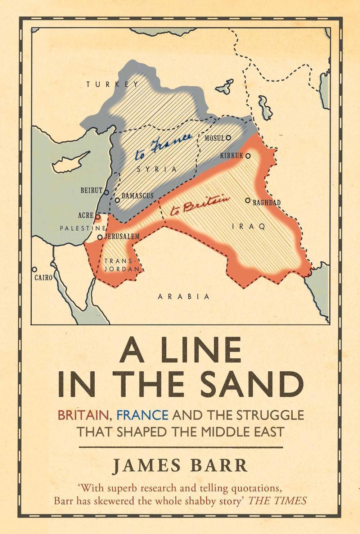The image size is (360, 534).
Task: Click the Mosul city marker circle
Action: (228, 137)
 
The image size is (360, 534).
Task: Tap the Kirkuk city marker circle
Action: (248, 156)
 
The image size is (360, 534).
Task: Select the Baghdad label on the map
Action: (266, 203)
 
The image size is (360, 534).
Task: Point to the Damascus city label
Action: (138, 196)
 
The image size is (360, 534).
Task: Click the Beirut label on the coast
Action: (91, 190)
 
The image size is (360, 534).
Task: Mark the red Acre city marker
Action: (97, 217)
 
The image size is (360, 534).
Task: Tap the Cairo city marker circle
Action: (35, 269)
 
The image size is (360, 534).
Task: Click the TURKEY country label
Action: (112, 85)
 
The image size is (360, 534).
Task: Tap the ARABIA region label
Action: (184, 297)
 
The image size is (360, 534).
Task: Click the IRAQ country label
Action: (248, 226)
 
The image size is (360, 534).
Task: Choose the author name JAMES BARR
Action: (180, 466)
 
